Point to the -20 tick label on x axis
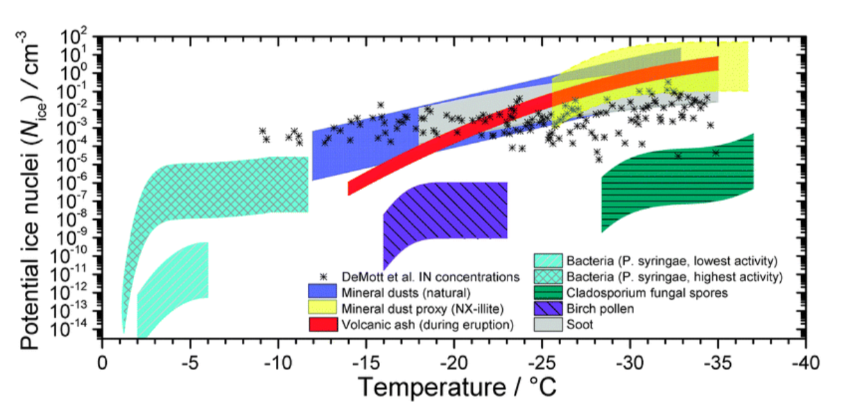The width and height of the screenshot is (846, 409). [454, 363]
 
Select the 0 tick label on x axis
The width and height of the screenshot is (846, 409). [102, 363]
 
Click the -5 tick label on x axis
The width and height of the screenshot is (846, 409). [189, 363]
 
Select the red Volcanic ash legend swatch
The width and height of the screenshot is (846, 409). [322, 324]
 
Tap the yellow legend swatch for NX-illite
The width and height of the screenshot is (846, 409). [322, 307]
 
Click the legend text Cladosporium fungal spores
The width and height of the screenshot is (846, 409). [647, 293]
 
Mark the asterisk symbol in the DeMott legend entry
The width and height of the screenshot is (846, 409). [323, 276]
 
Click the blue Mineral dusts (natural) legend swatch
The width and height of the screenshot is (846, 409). [322, 291]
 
